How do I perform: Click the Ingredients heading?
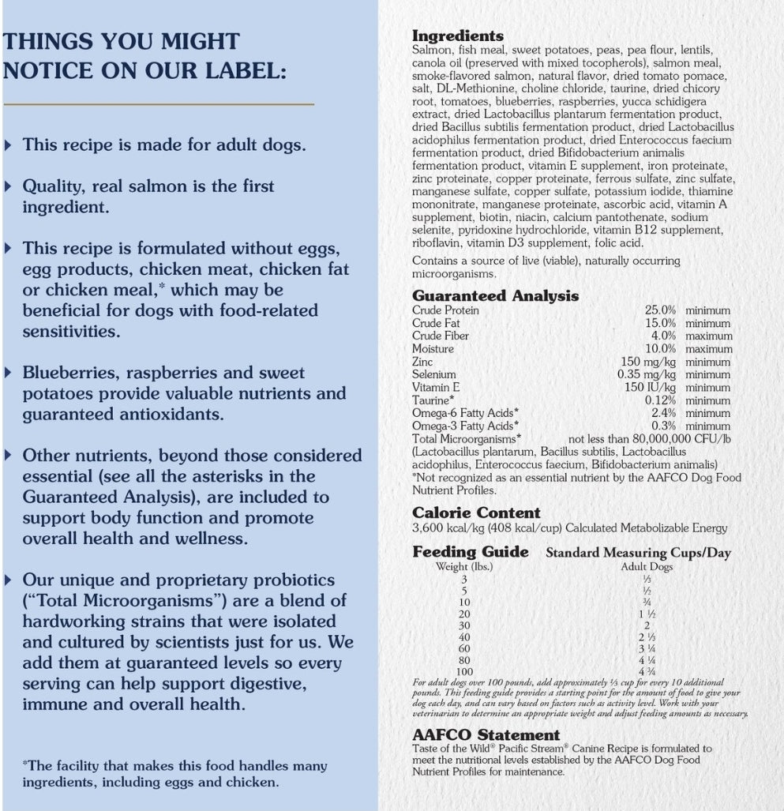pos(457,36)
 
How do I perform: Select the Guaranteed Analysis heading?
pos(495,296)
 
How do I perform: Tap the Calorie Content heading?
pos(476,513)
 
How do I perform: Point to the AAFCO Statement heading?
pos(486,735)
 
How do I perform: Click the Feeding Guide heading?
pos(470,552)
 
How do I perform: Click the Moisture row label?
pos(433,349)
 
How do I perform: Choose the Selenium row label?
pos(434,374)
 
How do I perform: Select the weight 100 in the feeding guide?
pos(463,671)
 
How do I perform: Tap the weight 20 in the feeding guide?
pos(463,614)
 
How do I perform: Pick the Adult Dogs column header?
pos(646,566)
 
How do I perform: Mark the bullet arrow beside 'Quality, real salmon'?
pos(9,186)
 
